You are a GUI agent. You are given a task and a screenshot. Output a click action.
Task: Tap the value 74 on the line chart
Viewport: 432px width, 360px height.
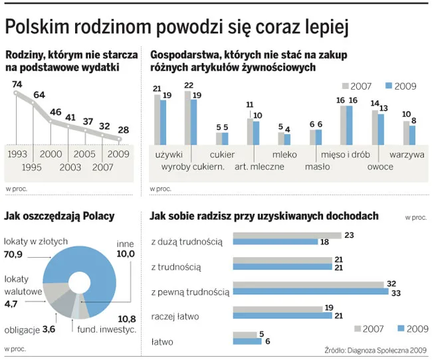tap(17, 84)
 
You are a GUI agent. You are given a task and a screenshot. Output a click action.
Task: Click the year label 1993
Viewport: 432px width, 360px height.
tap(17, 153)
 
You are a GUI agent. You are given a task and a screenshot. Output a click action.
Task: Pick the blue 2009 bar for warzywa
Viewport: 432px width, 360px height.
tap(412, 135)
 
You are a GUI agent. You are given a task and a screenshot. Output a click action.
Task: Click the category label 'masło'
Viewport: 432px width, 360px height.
tap(317, 166)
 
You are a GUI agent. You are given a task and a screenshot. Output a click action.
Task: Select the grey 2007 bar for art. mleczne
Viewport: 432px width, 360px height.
tap(249, 131)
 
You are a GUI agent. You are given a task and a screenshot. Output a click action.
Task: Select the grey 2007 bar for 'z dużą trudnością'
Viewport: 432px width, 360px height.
tap(286, 235)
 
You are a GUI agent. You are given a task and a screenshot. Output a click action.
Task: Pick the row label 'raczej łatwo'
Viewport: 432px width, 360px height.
tap(175, 315)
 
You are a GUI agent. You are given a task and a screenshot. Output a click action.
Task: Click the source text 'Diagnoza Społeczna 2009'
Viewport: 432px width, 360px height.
tap(382, 351)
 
